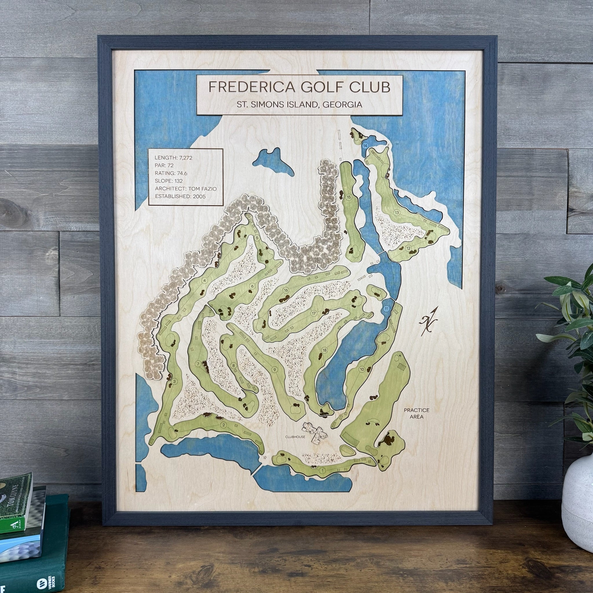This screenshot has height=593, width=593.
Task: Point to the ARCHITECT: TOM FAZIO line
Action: tap(185, 189)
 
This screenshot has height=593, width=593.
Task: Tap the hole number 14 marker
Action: tap(365, 146)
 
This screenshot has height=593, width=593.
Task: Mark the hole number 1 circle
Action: tap(323, 470)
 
